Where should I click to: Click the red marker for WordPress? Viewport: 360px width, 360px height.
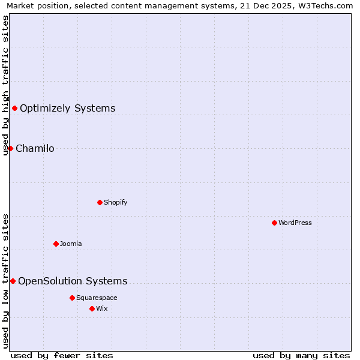[274, 223]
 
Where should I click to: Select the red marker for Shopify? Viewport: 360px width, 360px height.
[100, 202]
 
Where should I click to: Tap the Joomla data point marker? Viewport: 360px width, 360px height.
[56, 244]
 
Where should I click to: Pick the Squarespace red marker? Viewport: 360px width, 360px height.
[72, 298]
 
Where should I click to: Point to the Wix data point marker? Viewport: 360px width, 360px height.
[92, 308]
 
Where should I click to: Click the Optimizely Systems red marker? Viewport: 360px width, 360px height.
[14, 108]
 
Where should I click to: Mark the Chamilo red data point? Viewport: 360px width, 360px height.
[10, 148]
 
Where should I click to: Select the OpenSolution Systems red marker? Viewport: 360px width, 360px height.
[13, 281]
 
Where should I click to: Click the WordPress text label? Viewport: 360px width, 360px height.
[295, 223]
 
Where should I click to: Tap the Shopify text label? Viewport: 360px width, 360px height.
[116, 202]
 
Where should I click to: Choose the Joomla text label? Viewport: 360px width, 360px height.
[71, 244]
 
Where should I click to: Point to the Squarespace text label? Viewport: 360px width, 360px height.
[97, 298]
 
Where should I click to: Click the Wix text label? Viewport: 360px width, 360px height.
[102, 308]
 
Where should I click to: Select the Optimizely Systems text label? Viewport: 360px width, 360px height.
[68, 108]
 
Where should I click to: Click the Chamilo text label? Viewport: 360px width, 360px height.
[35, 148]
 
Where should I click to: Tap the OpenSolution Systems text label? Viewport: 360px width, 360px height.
[73, 281]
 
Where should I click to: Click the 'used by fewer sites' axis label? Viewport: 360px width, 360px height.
[62, 355]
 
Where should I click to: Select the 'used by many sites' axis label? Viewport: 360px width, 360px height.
[301, 355]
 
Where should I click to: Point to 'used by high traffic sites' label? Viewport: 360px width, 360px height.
[5, 85]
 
